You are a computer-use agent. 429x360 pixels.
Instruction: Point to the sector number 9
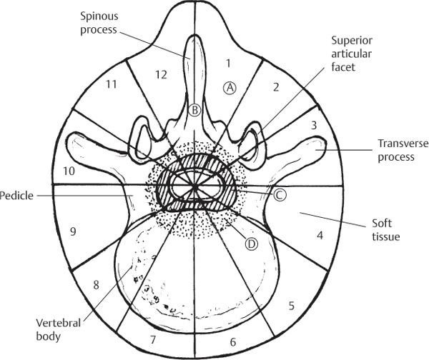click(73, 231)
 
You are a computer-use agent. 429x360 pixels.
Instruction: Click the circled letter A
click(230, 87)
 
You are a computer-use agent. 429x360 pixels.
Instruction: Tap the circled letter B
click(194, 110)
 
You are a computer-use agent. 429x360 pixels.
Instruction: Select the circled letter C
click(280, 194)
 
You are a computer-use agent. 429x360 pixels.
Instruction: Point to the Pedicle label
click(16, 194)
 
